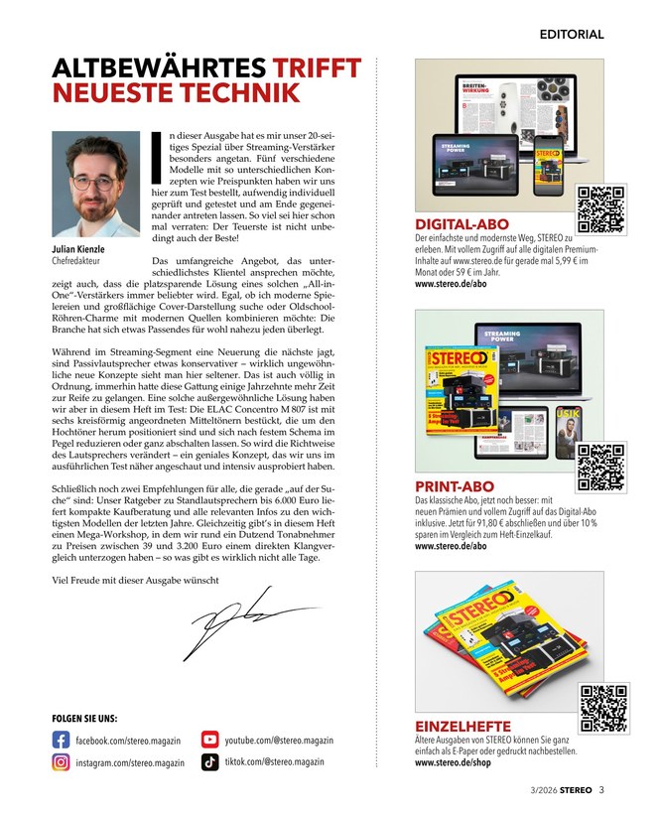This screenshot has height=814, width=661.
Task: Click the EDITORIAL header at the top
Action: pyautogui.click(x=571, y=34)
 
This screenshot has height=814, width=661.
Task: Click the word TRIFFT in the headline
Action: pyautogui.click(x=320, y=68)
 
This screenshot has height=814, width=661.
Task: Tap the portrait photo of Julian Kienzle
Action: pyautogui.click(x=96, y=185)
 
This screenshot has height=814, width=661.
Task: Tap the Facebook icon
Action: pyautogui.click(x=60, y=740)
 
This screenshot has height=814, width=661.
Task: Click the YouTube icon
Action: pyautogui.click(x=209, y=740)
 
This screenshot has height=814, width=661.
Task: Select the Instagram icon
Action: pyautogui.click(x=60, y=762)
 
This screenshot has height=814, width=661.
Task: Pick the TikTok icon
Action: pyautogui.click(x=209, y=762)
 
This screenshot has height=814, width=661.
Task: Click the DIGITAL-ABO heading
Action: pyautogui.click(x=463, y=224)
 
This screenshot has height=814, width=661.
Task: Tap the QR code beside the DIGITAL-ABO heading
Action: pyautogui.click(x=600, y=209)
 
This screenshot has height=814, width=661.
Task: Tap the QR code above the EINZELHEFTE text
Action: pyautogui.click(x=603, y=708)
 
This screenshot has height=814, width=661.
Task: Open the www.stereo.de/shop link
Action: pyautogui.click(x=454, y=763)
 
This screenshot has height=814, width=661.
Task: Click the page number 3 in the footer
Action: pyautogui.click(x=601, y=790)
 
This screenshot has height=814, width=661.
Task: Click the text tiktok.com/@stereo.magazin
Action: pyautogui.click(x=274, y=761)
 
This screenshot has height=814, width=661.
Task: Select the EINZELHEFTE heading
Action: pyautogui.click(x=463, y=727)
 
